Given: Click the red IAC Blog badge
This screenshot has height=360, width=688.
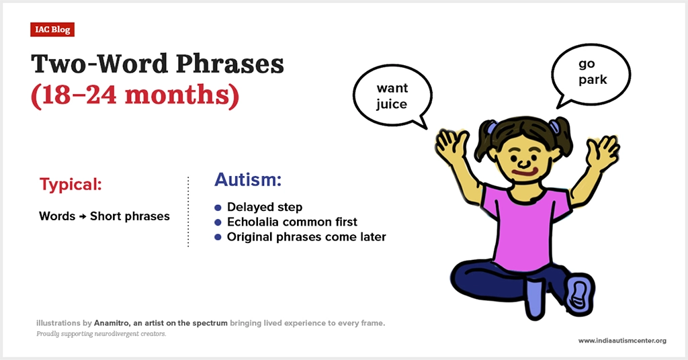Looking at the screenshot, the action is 52,30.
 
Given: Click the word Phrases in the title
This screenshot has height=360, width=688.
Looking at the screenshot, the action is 230,64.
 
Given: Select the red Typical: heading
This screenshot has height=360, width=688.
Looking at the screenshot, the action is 71,184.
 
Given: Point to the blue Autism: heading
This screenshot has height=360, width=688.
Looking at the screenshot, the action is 247,179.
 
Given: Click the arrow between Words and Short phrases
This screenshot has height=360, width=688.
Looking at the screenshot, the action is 83,216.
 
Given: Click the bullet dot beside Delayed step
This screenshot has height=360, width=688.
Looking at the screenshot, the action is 218,208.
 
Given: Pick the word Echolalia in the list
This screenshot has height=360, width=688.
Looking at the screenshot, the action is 253,222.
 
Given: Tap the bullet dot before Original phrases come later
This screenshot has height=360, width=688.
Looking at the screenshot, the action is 218,237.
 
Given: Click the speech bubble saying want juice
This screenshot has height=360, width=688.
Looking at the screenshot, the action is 392,96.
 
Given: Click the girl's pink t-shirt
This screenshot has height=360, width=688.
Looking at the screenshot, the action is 524,228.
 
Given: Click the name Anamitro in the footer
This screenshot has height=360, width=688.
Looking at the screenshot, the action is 111,323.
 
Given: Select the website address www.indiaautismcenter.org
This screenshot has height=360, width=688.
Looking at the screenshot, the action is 622,341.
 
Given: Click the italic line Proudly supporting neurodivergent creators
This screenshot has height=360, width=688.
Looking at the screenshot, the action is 101,334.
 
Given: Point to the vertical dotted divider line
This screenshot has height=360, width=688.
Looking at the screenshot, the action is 188,212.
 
